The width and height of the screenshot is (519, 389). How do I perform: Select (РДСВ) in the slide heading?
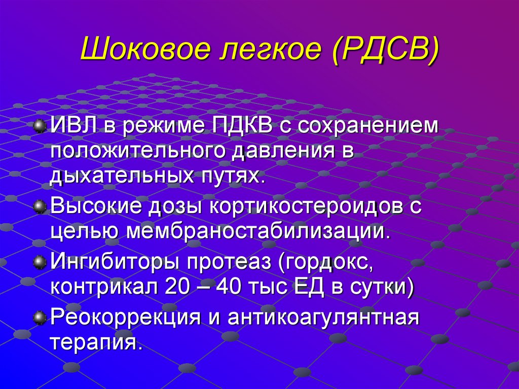pos(386,53)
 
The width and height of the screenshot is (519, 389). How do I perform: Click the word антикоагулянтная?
pos(323,319)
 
